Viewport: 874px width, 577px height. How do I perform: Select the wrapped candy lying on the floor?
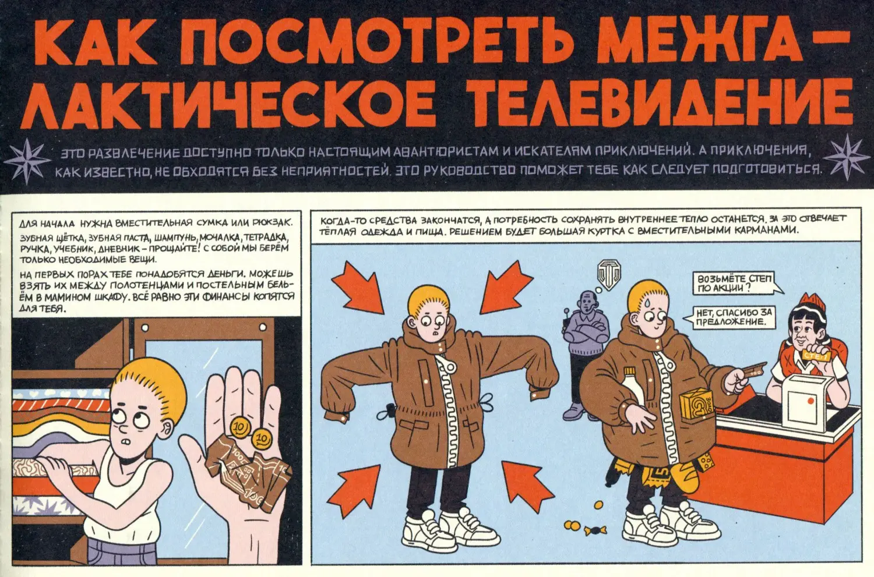point(595,530)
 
